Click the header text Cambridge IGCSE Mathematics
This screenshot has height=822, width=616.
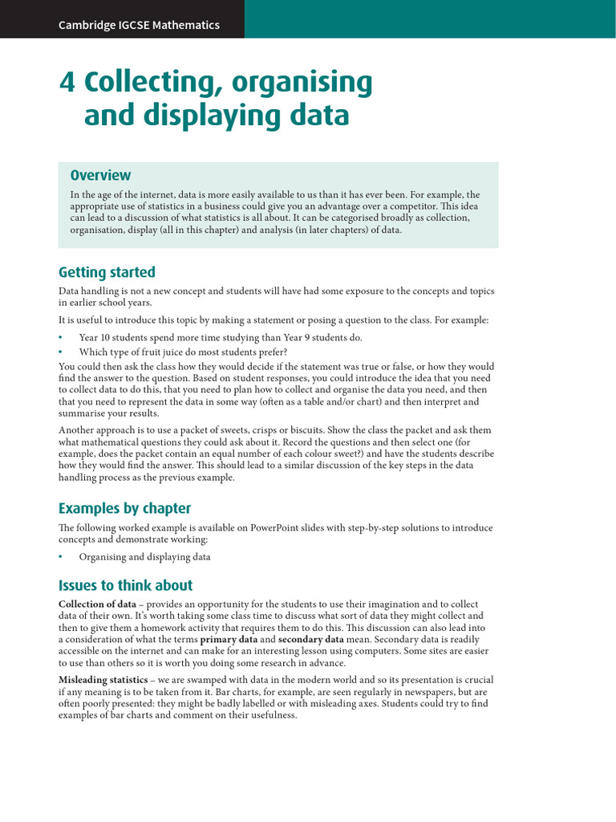tap(139, 25)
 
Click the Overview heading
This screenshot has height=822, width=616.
tap(100, 175)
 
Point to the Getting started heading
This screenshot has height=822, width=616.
tap(107, 272)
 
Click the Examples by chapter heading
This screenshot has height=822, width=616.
tap(124, 508)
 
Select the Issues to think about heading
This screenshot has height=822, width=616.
tap(126, 585)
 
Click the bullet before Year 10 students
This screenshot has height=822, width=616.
tap(60, 338)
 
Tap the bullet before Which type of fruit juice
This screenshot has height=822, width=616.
tap(60, 352)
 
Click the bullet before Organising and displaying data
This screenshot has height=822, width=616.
tap(60, 556)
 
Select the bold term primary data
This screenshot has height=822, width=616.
tap(229, 639)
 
